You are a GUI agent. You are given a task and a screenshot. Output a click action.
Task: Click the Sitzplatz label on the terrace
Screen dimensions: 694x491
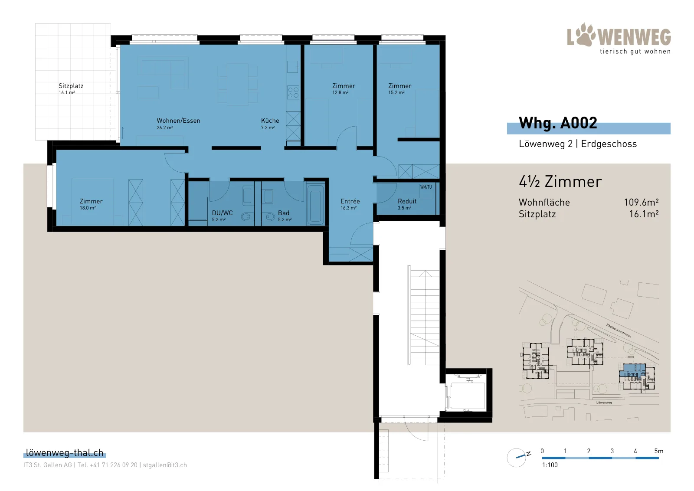(x=71, y=86)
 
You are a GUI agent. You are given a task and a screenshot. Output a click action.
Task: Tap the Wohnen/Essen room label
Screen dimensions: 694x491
(x=178, y=121)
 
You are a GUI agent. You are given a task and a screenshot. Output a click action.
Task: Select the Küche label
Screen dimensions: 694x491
(x=270, y=121)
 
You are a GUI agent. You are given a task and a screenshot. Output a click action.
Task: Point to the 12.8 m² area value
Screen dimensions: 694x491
(x=340, y=93)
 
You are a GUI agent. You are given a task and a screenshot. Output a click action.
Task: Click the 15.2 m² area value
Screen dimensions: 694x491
(x=396, y=93)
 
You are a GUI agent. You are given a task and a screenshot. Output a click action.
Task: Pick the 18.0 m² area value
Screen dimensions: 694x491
(x=88, y=208)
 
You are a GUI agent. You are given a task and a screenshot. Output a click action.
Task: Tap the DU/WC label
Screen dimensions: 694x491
(x=222, y=213)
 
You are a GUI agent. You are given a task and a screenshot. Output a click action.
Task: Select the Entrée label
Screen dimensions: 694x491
(x=350, y=201)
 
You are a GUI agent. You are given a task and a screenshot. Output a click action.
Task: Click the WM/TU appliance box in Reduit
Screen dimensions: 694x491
(x=426, y=191)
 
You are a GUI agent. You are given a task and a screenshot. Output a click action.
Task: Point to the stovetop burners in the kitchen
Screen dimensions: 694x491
(x=293, y=92)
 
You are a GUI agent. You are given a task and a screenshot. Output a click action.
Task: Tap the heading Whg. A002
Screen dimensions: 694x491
(x=558, y=123)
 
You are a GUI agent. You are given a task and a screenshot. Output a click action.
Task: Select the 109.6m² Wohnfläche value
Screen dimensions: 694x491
(x=641, y=202)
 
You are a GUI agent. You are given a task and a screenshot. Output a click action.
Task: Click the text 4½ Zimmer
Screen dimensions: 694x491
(x=560, y=182)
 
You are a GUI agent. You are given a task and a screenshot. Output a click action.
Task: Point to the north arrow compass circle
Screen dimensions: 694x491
(x=516, y=458)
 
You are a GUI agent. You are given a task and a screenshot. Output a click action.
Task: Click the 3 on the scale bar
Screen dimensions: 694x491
(x=612, y=451)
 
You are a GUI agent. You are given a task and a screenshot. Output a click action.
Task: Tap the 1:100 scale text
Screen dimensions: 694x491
(x=550, y=465)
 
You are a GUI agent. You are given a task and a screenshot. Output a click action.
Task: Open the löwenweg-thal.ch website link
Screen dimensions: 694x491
(x=65, y=452)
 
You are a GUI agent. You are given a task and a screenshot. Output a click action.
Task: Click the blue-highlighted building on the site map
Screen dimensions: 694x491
(x=632, y=370)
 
